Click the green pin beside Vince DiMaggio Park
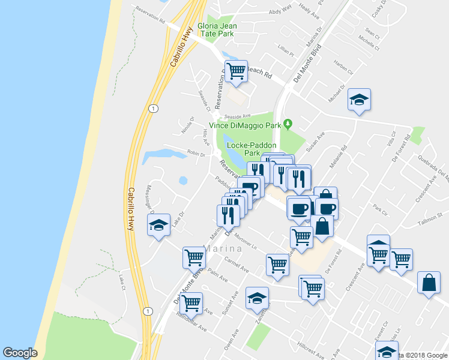288,124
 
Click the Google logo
20,353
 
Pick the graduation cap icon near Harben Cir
359,99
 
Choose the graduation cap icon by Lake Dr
158,225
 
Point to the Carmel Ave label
236,265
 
